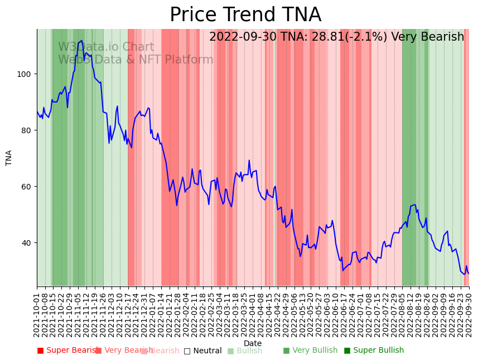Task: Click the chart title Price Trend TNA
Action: [x=245, y=15]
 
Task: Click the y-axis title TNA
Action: [x=9, y=158]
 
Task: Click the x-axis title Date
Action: [x=253, y=344]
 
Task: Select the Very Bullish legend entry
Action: [x=310, y=351]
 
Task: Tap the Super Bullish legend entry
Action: [x=374, y=351]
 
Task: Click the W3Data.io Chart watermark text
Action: [x=106, y=47]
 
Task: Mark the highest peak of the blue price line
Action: [x=82, y=41]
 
